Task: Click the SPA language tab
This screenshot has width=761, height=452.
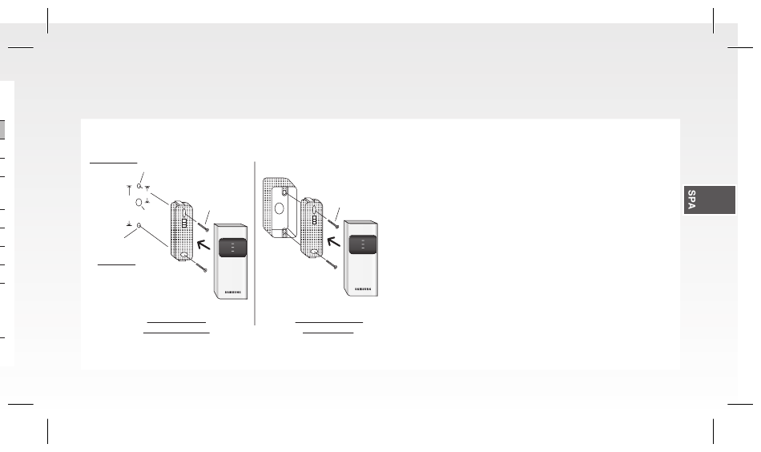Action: pyautogui.click(x=710, y=200)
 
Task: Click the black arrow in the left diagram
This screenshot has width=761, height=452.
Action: pyautogui.click(x=203, y=244)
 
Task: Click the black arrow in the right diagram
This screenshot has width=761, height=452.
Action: pyautogui.click(x=333, y=240)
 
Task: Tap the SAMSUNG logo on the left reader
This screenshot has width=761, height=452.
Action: pyautogui.click(x=232, y=293)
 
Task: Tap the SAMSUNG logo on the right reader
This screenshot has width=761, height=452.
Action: pyautogui.click(x=363, y=289)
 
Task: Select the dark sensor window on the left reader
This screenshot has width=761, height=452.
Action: pyautogui.click(x=232, y=248)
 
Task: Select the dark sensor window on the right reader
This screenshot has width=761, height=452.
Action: pyautogui.click(x=363, y=244)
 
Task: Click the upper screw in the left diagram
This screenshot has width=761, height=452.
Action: pyautogui.click(x=202, y=227)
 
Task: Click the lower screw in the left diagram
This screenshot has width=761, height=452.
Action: pyautogui.click(x=201, y=267)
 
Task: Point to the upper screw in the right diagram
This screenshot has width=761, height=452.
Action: pyautogui.click(x=333, y=224)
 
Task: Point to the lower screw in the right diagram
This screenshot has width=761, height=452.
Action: pyautogui.click(x=332, y=264)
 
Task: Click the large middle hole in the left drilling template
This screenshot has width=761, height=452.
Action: pyautogui.click(x=139, y=203)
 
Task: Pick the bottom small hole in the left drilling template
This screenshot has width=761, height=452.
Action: pyautogui.click(x=139, y=225)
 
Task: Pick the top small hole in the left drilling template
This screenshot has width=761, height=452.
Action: pyautogui.click(x=139, y=185)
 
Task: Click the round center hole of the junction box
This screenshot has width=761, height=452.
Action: pyautogui.click(x=279, y=208)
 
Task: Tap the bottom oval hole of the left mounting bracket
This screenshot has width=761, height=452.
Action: pyautogui.click(x=185, y=255)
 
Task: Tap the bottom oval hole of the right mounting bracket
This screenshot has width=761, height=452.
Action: pyautogui.click(x=315, y=252)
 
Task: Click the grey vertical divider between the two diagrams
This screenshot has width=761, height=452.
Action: pyautogui.click(x=255, y=244)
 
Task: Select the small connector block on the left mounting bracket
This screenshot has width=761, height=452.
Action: pyautogui.click(x=184, y=224)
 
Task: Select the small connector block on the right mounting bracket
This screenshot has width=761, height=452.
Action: pyautogui.click(x=315, y=220)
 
